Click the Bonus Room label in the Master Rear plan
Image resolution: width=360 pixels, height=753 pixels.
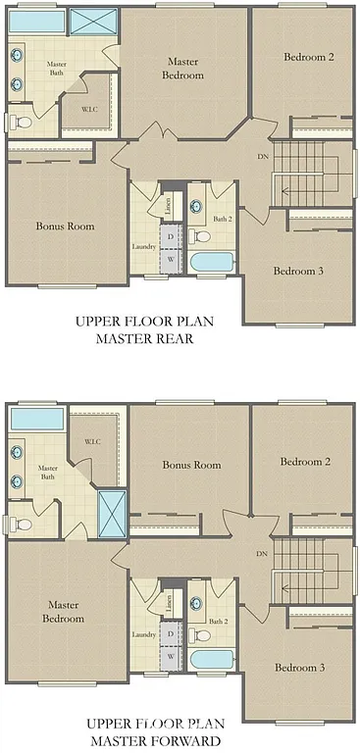pos(65,226)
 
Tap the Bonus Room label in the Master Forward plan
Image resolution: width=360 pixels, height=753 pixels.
pos(191,465)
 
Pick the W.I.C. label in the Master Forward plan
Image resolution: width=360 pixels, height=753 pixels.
pos(93,442)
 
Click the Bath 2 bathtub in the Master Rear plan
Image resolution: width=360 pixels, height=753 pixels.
pos(211,263)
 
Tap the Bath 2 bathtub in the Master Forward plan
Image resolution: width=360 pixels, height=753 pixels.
pos(211,660)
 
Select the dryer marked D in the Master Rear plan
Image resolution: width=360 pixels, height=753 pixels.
pos(171,237)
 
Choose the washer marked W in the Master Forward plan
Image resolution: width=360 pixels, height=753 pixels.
pos(171,657)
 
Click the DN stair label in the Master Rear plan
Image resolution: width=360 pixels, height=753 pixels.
pos(262,157)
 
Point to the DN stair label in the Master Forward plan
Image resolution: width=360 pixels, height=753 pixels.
pos(262,554)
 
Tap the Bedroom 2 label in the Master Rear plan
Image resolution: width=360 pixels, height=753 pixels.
pos(308,58)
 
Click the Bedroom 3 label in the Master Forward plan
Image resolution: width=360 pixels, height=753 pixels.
pos(299,668)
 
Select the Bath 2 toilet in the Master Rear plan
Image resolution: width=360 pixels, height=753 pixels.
pos(201,236)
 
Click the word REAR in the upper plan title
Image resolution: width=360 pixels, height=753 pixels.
pos(171,339)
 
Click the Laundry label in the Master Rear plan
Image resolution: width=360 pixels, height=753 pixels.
pos(144,246)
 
